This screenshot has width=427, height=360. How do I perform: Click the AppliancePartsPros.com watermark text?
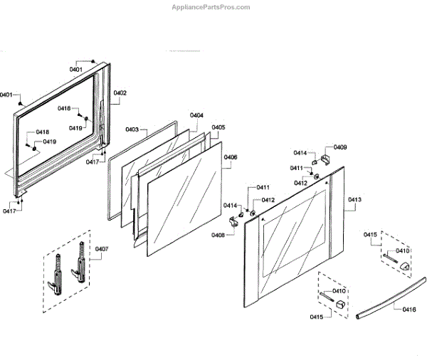pyautogui.click(x=211, y=7)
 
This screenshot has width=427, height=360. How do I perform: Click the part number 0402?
pyautogui.click(x=120, y=93)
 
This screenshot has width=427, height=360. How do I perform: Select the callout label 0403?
pyautogui.click(x=132, y=129)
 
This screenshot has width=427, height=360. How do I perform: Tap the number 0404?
pyautogui.click(x=196, y=115)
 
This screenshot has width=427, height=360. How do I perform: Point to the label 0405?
pyautogui.click(x=218, y=127)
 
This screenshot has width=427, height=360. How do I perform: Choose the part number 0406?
pyautogui.click(x=230, y=157)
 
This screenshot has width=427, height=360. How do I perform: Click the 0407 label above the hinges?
pyautogui.click(x=102, y=249)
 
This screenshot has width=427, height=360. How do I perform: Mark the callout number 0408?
pyautogui.click(x=218, y=235)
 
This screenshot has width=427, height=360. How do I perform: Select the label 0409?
pyautogui.click(x=340, y=147)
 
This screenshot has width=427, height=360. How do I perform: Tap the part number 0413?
pyautogui.click(x=354, y=200)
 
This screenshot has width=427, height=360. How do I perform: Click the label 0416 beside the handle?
pyautogui.click(x=408, y=309)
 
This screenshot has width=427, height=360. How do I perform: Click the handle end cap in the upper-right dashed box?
pyautogui.click(x=404, y=265)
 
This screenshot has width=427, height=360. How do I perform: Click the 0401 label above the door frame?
pyautogui.click(x=75, y=69)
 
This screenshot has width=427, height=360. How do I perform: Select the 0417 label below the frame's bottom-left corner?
pyautogui.click(x=10, y=211)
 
